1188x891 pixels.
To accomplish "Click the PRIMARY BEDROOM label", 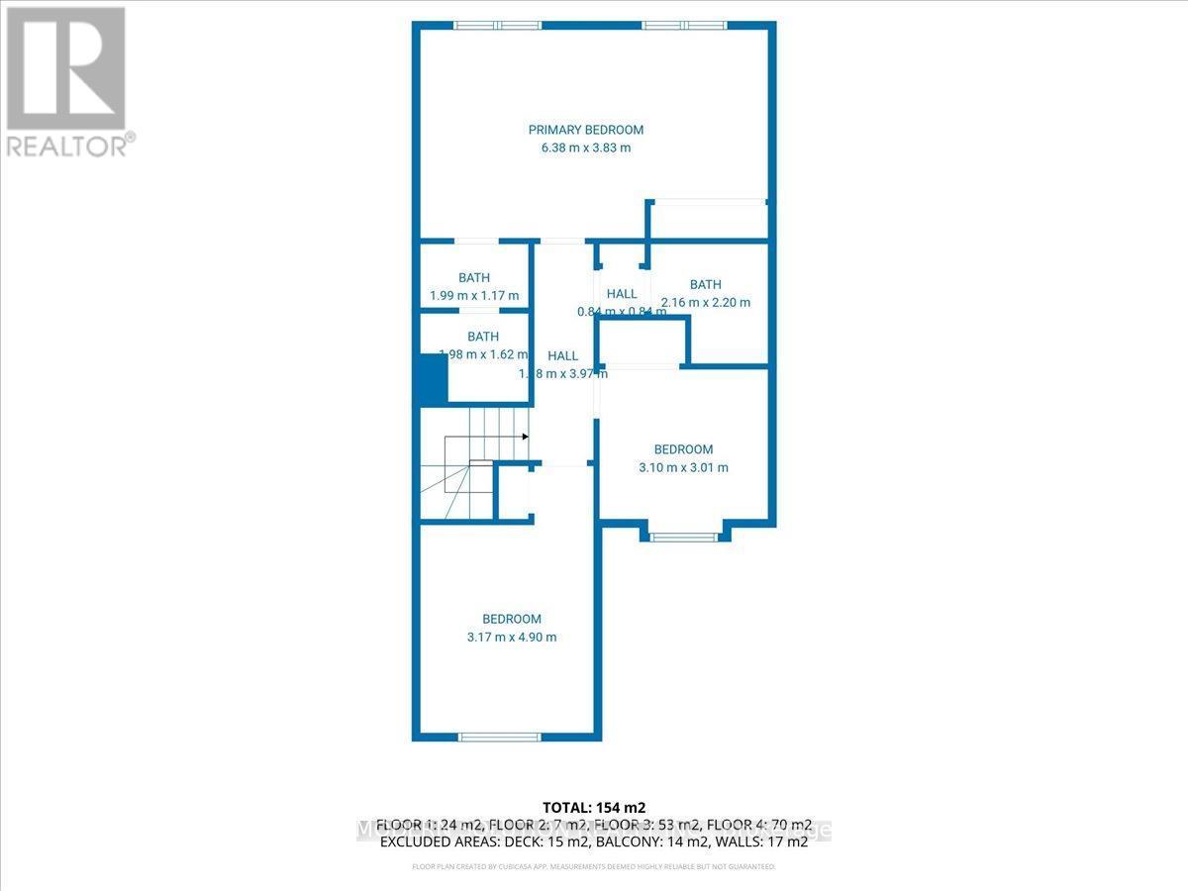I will [585, 130].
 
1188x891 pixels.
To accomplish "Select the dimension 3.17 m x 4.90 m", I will [512, 637].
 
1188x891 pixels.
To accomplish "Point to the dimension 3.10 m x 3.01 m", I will [683, 467].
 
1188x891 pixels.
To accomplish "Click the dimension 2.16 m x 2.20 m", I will [706, 302].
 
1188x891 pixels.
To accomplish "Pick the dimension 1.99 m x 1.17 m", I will [474, 295].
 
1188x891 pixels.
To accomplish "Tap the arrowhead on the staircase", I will [525, 436].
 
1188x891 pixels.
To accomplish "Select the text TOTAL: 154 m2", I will [594, 807].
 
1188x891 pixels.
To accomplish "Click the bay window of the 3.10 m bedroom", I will [683, 538].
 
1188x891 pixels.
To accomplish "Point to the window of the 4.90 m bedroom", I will [500, 736].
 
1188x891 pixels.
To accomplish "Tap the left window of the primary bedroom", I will [497, 25].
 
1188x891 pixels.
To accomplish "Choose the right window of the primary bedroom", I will [684, 25].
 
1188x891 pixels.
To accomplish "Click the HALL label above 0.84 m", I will [622, 293].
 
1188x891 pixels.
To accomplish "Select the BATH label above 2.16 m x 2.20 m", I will [706, 284].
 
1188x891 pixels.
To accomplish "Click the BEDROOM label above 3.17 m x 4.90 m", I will [512, 619].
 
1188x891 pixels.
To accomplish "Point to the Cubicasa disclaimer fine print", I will [594, 866].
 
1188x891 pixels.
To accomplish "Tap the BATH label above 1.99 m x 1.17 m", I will [474, 277].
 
